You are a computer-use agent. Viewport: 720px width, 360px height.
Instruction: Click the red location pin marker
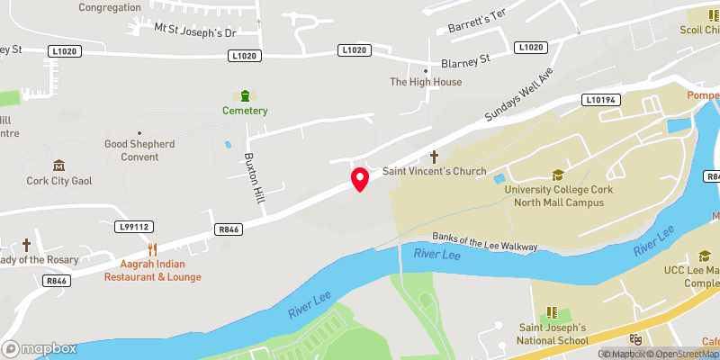360,178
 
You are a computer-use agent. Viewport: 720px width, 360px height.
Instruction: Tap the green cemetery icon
246,95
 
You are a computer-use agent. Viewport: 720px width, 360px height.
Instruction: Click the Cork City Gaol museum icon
58,166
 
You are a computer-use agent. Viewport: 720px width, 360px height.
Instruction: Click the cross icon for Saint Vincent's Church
435,156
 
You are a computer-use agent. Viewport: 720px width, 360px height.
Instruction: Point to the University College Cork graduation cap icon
558,175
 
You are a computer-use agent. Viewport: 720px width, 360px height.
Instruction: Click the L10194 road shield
600,99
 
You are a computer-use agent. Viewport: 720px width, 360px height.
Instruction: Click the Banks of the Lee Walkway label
484,240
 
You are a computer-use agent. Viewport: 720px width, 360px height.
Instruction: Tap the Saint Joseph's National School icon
553,312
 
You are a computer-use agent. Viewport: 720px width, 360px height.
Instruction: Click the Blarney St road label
464,62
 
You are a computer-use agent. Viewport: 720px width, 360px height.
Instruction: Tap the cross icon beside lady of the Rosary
26,245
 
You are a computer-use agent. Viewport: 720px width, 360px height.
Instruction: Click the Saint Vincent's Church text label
435,172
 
